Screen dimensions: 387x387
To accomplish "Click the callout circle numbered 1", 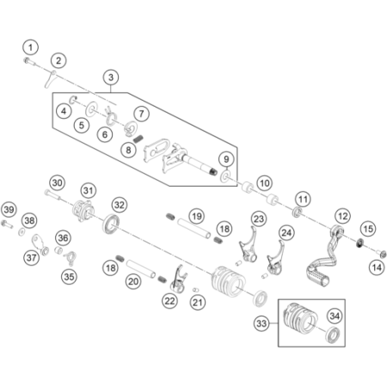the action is (31, 47).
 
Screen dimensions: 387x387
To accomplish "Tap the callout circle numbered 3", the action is (111, 77).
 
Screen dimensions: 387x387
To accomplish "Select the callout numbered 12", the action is (343, 216).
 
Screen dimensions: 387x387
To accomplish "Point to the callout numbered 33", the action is (261, 323).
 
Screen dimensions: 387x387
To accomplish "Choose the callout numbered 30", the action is (58, 183).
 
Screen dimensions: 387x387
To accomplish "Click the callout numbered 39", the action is (9, 210).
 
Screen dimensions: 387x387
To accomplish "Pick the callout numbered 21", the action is (198, 302).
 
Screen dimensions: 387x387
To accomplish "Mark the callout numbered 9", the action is (226, 159).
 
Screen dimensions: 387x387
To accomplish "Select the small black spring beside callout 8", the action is (138, 139).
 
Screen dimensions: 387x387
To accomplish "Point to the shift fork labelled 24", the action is (276, 258).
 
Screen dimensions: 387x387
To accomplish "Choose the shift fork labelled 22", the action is (179, 279).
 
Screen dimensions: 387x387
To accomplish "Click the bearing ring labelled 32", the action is (111, 224).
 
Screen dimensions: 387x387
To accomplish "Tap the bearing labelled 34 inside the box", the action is (333, 334).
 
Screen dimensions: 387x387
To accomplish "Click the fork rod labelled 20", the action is (141, 268).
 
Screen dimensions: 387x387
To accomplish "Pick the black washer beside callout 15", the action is (359, 243).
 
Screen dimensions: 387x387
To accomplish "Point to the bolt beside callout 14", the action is (382, 254).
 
